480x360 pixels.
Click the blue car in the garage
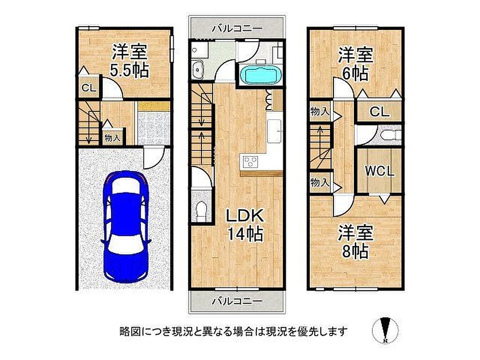coord(126,226)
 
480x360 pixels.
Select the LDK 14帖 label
coord(245,225)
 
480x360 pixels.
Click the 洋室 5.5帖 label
coord(129,60)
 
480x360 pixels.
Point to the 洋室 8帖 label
coord(355,242)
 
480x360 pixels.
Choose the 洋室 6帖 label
coord(355,64)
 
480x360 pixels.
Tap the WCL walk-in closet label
coord(379,172)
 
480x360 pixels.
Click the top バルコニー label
coord(238,29)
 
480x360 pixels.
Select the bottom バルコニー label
coord(238,301)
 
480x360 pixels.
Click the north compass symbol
coord(385,331)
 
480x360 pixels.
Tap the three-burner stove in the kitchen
coord(250,161)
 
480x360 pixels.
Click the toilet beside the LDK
coord(201,210)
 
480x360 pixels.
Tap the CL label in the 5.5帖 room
coord(89,88)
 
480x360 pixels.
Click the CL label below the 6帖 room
coord(379,112)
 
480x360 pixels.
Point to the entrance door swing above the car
coord(154,157)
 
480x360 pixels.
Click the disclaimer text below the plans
coord(234,331)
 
